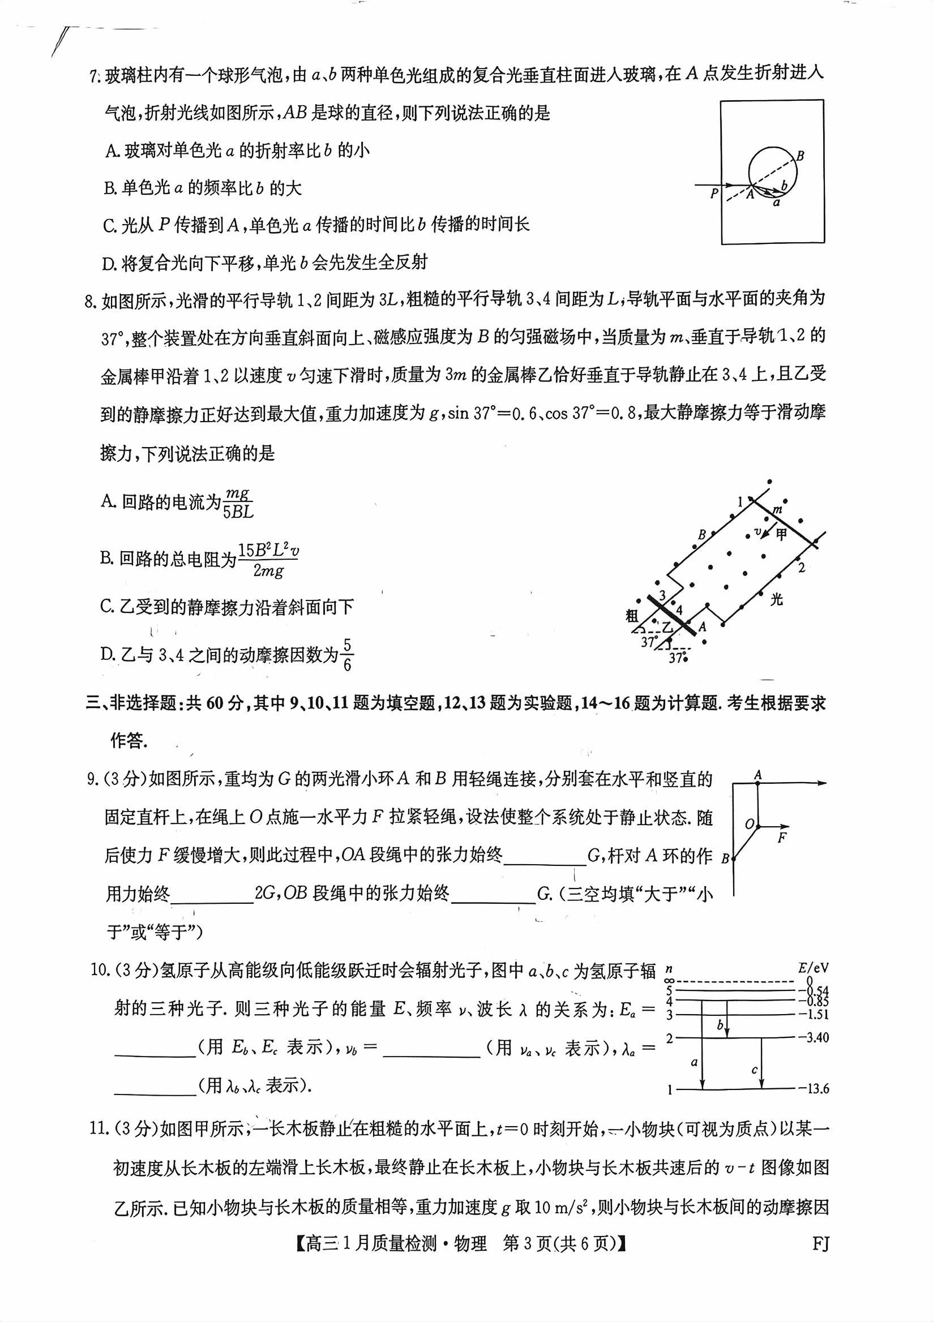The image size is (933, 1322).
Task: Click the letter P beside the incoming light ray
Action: [x=714, y=194]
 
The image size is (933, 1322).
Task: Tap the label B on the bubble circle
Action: [x=800, y=156]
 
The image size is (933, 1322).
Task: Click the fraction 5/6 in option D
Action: [x=346, y=655]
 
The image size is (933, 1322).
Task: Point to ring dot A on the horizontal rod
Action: [x=758, y=783]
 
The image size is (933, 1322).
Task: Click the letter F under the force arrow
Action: [x=781, y=838]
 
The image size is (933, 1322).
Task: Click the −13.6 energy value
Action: [x=813, y=1089]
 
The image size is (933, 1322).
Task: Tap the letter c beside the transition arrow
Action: [x=755, y=1070]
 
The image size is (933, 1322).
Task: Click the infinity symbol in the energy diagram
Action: [x=669, y=981]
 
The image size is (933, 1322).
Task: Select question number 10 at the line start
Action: [x=100, y=971]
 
